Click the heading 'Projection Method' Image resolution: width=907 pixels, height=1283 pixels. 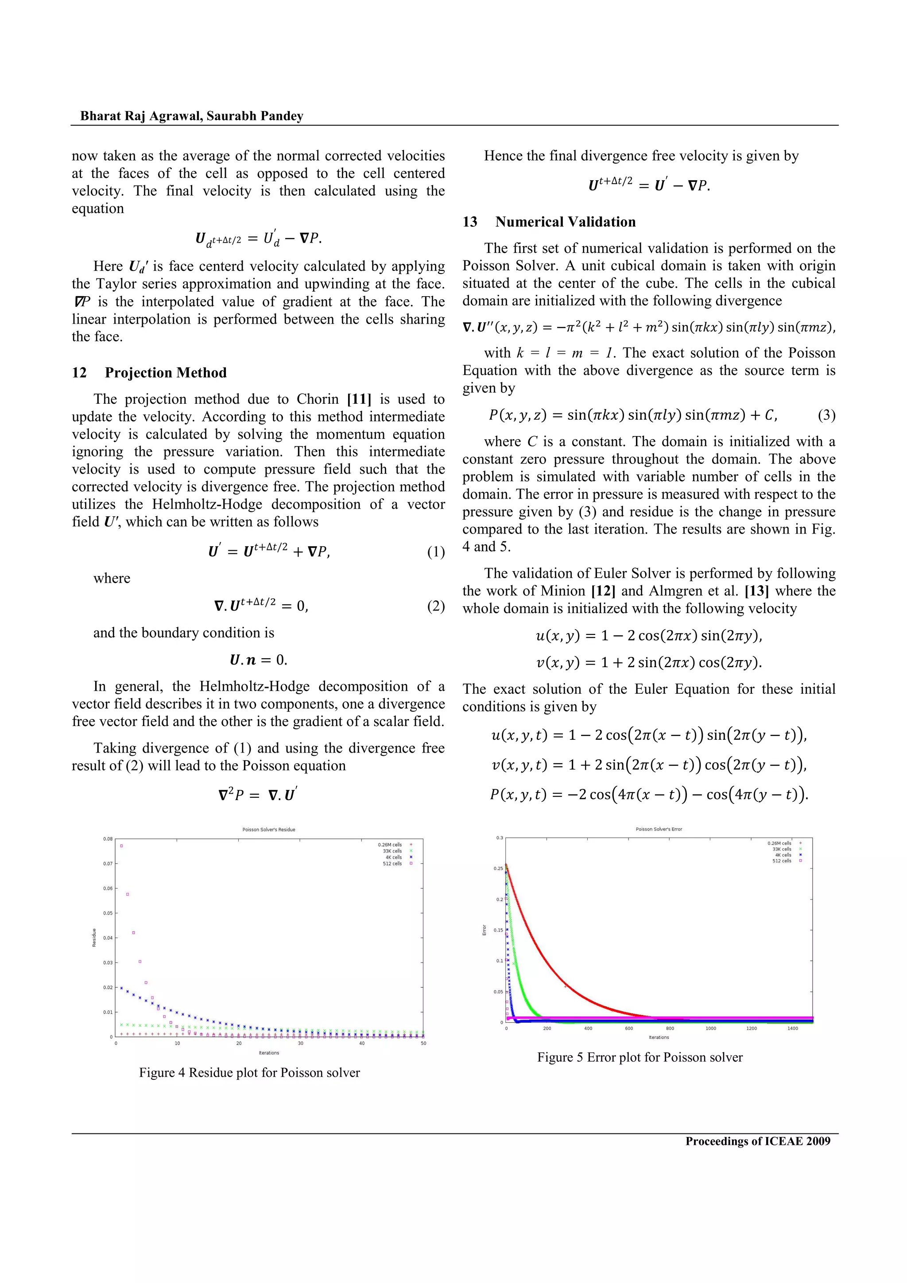pyautogui.click(x=166, y=373)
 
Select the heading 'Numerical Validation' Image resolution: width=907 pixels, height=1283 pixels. pyautogui.click(x=565, y=222)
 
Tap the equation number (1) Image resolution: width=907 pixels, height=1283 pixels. pyautogui.click(x=436, y=552)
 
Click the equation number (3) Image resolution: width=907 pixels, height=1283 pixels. pyautogui.click(x=826, y=415)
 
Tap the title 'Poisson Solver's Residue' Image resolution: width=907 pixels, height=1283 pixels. pyautogui.click(x=268, y=829)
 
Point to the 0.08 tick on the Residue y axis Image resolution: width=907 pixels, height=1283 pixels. pyautogui.click(x=108, y=839)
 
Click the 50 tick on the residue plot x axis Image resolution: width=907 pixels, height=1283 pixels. pyautogui.click(x=423, y=1043)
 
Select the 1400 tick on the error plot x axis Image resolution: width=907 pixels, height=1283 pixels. pyautogui.click(x=792, y=1028)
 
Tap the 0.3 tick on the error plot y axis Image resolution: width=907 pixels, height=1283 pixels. pyautogui.click(x=499, y=838)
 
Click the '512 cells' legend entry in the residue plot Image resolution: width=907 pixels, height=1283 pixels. pyautogui.click(x=392, y=863)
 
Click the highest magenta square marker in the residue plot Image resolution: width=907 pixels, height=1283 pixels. pyautogui.click(x=121, y=846)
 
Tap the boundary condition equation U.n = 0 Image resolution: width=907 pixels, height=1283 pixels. pyautogui.click(x=258, y=660)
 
